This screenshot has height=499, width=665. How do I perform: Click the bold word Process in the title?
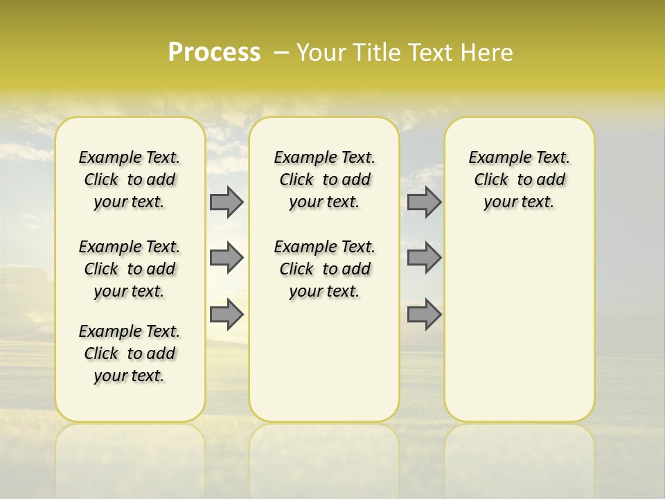pyautogui.click(x=214, y=53)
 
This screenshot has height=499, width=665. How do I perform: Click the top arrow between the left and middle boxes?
pyautogui.click(x=227, y=202)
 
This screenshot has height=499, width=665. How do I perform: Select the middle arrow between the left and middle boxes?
pyautogui.click(x=227, y=258)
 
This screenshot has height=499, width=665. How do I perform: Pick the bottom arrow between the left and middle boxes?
pyautogui.click(x=227, y=314)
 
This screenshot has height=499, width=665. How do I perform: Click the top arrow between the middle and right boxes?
pyautogui.click(x=424, y=202)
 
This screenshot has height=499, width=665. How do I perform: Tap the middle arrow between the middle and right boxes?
pyautogui.click(x=424, y=258)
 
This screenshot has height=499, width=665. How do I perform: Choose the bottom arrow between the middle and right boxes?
pyautogui.click(x=424, y=314)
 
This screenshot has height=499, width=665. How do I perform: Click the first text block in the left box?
pyautogui.click(x=130, y=180)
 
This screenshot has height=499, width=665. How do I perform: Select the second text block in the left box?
pyautogui.click(x=130, y=269)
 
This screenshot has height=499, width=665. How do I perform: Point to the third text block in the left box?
pyautogui.click(x=130, y=353)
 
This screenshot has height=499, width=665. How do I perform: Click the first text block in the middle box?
pyautogui.click(x=324, y=180)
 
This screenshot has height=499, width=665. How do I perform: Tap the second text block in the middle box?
pyautogui.click(x=324, y=269)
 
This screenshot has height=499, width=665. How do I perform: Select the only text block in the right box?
pyautogui.click(x=519, y=180)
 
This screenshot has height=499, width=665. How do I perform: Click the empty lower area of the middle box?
pyautogui.click(x=324, y=360)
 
